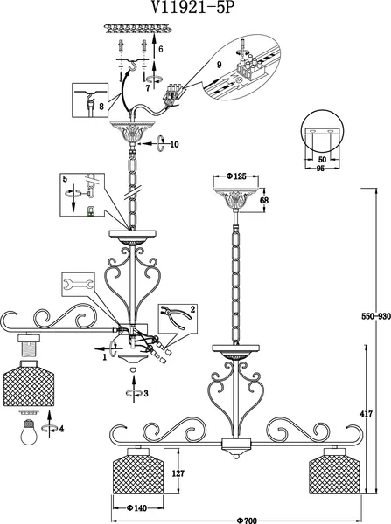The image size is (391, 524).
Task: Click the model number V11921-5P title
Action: pos(192,7)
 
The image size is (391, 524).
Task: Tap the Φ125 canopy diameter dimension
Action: pos(236,176)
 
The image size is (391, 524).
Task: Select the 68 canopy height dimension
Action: pos(264,201)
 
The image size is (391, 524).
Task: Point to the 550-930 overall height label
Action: pos(376,316)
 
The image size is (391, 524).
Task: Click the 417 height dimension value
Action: pos(367,414)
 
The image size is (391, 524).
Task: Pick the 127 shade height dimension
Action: pos(178,473)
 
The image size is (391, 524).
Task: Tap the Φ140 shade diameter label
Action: pos(136,508)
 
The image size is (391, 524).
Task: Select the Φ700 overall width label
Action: pos(247,521)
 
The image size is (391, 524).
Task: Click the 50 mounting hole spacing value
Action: pos(322,160)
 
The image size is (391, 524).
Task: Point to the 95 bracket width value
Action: pos(320,169)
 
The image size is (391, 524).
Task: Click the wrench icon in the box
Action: pos(79,285)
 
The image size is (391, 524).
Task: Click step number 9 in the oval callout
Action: pos(220,65)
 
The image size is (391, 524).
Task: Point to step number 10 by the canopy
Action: pos(174,144)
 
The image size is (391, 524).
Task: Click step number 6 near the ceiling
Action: pos(161,49)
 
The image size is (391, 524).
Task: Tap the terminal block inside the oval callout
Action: pos(250,66)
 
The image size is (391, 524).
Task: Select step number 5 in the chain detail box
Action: pos(65,179)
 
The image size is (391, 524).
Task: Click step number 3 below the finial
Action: pos(145,393)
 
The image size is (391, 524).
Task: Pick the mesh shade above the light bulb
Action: pos(29,383)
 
